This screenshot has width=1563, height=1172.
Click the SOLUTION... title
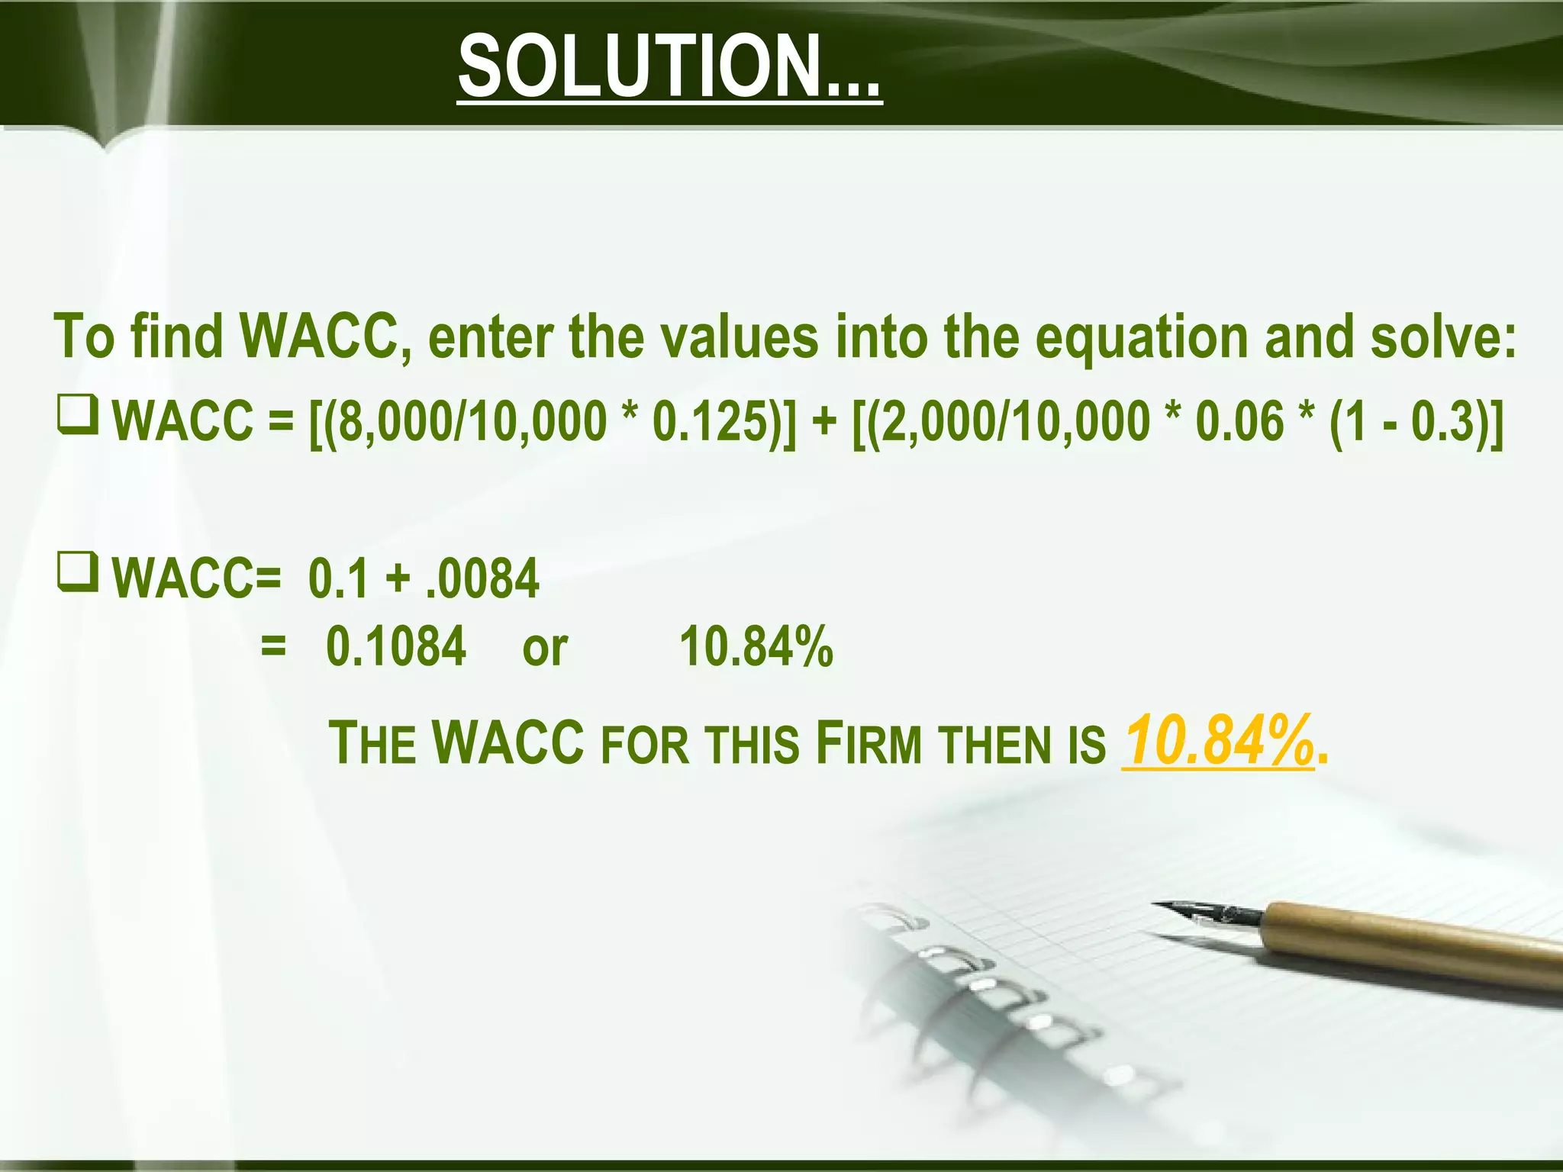pyautogui.click(x=669, y=67)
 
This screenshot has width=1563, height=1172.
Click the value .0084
pyautogui.click(x=482, y=578)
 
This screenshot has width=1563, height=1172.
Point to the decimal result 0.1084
pyautogui.click(x=395, y=646)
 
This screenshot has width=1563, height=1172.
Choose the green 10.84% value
pyautogui.click(x=756, y=646)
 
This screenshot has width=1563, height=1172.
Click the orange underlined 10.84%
pyautogui.click(x=1218, y=740)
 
